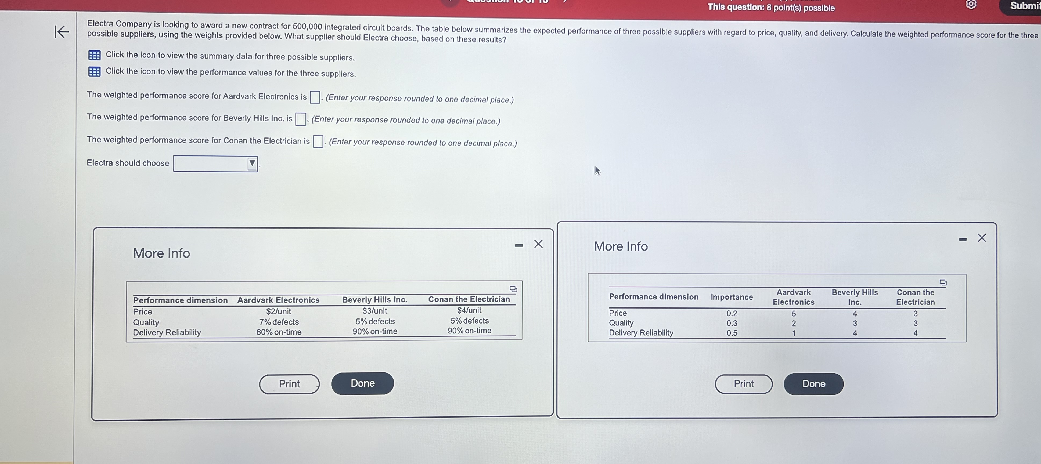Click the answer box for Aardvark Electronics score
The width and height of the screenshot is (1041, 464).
[315, 97]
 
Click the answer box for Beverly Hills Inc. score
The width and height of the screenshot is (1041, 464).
[301, 119]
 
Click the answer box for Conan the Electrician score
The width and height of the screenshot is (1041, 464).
[318, 141]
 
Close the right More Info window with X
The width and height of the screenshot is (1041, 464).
[982, 238]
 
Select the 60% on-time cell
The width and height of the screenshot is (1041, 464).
[279, 332]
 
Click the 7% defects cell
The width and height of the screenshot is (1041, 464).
[279, 322]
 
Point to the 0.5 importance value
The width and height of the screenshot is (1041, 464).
[732, 333]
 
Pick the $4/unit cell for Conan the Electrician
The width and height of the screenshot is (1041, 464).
[469, 310]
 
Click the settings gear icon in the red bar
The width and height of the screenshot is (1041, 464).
[971, 5]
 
